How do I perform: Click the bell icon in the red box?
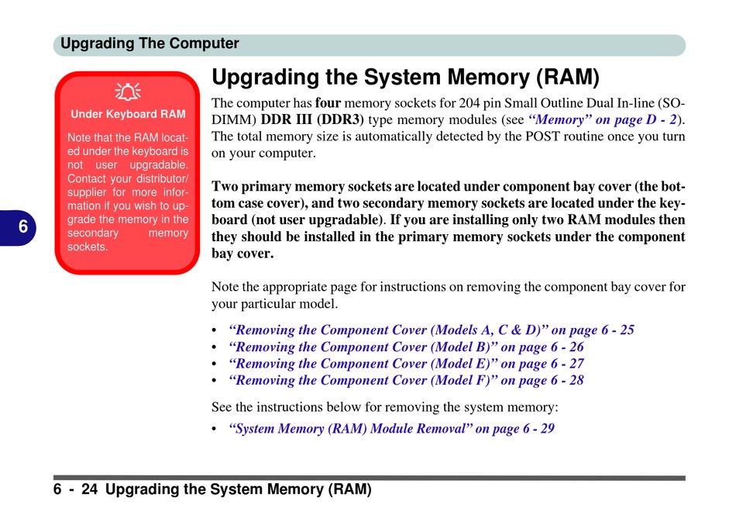(128, 92)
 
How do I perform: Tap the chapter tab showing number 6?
(18, 227)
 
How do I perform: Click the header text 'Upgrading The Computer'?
(150, 43)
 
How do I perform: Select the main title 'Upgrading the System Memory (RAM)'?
(405, 78)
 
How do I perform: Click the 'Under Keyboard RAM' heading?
(128, 114)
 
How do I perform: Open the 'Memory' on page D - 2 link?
(602, 119)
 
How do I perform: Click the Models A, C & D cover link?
(432, 330)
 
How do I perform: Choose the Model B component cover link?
(406, 347)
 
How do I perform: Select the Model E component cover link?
(406, 364)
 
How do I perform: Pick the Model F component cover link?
(406, 380)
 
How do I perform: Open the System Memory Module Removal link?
(391, 428)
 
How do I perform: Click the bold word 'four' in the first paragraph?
(328, 103)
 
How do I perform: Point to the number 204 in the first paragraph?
(469, 103)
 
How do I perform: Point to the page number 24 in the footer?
(89, 489)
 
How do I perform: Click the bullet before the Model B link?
(214, 347)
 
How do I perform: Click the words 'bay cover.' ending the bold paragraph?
(242, 254)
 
